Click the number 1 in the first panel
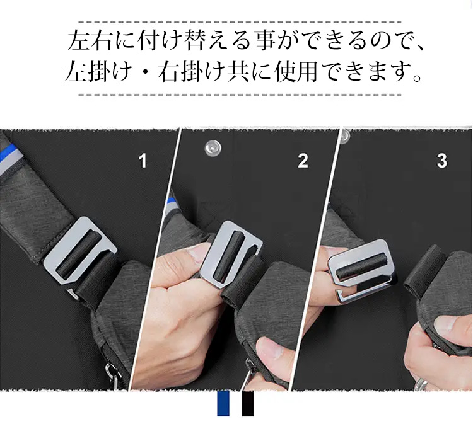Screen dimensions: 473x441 pos(143,161)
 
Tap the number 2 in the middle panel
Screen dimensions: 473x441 pos(303,161)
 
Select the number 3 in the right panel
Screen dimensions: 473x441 pos(442,161)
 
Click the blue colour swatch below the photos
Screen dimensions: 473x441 pos(223,404)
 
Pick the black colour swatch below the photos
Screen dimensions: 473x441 pos(248,404)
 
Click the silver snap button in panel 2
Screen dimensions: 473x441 pos(213,147)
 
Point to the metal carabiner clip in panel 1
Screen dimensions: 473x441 pos(113,376)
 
